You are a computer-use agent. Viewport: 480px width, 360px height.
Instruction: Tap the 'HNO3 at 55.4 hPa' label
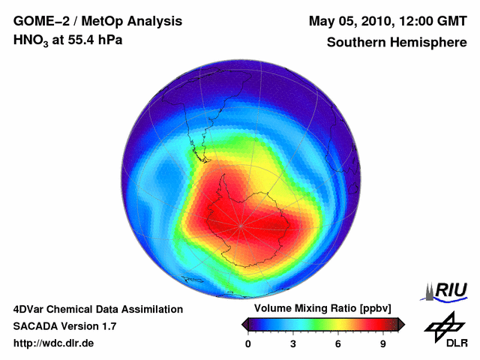(67, 40)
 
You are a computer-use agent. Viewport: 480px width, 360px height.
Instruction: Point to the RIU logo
(446, 290)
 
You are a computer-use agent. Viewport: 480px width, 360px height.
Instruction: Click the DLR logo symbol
(443, 325)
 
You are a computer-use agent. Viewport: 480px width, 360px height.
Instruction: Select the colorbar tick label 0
(248, 344)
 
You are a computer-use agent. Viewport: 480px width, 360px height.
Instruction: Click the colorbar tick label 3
(293, 344)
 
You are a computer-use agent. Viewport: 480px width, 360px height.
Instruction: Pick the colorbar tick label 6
(338, 344)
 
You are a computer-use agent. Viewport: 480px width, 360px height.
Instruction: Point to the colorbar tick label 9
(383, 344)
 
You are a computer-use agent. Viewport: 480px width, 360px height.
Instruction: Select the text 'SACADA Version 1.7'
(64, 326)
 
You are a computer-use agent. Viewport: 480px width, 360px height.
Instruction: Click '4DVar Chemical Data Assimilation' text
(97, 309)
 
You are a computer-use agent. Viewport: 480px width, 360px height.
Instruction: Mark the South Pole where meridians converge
(241, 225)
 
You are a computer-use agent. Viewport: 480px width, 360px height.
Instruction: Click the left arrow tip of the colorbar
(242, 323)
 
